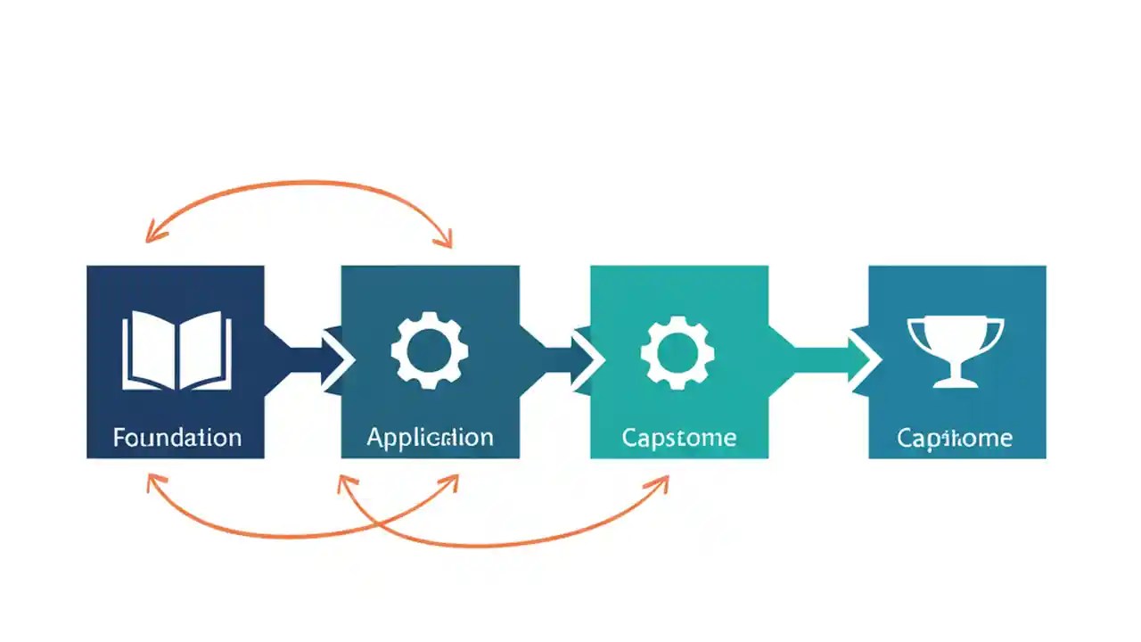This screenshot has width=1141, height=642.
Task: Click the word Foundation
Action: (x=176, y=438)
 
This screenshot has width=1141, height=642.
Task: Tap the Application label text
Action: (x=430, y=438)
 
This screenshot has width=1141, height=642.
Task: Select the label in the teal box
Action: (x=679, y=438)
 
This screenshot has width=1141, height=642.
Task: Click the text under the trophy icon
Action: (x=955, y=438)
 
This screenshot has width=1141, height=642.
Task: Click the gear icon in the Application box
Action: (x=428, y=350)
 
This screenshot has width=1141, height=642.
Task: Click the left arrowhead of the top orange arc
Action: (x=152, y=235)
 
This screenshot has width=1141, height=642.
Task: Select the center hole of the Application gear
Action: (x=428, y=350)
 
